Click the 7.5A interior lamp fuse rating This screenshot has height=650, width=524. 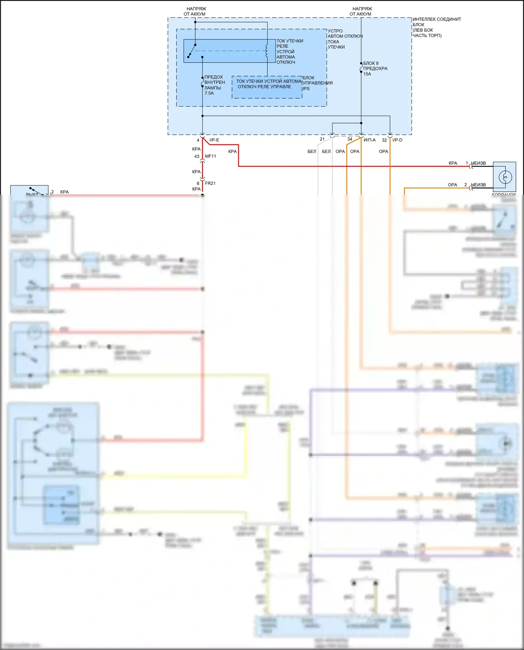[209, 93]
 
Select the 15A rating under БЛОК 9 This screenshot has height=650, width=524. [367, 74]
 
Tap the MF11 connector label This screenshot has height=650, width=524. [210, 156]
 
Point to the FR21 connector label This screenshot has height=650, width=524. [210, 183]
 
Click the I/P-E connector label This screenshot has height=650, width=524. [214, 140]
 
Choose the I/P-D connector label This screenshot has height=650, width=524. [397, 140]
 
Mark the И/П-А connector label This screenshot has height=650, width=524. [370, 140]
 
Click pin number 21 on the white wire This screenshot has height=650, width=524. [322, 139]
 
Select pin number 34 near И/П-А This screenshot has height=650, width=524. [350, 139]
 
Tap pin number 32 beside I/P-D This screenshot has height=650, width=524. [384, 140]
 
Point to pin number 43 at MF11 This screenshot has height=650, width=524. [197, 156]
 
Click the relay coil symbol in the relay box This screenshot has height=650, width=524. [267, 51]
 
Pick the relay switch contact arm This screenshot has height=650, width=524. [192, 51]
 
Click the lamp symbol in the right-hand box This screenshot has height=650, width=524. [505, 177]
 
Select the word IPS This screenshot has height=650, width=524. [306, 89]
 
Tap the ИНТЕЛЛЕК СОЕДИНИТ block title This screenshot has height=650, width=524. [437, 20]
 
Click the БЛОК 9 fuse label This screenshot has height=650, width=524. [371, 63]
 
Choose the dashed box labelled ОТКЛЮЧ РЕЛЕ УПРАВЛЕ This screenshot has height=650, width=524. [267, 87]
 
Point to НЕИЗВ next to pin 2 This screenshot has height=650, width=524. [478, 185]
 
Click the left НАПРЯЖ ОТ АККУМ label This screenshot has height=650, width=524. [195, 12]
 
